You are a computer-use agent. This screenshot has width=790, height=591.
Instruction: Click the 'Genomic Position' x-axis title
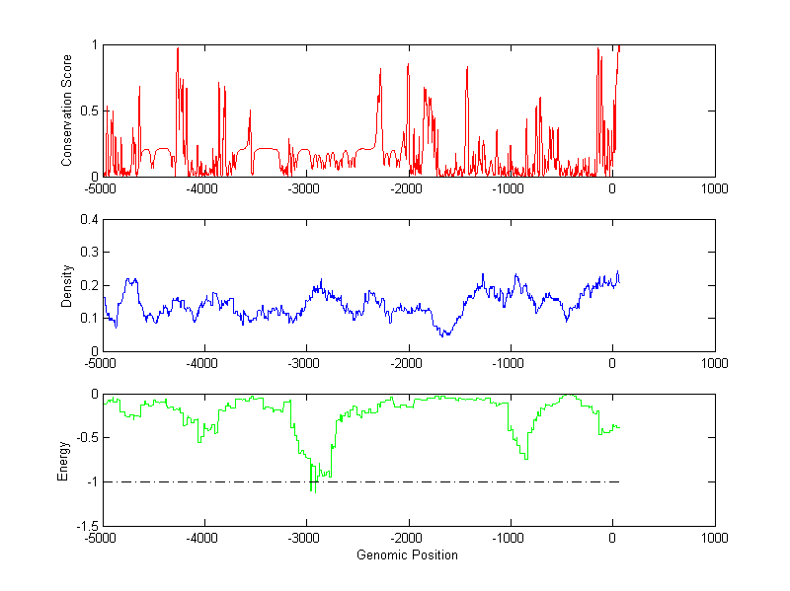407,555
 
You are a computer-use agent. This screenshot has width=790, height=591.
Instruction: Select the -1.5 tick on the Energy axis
87,526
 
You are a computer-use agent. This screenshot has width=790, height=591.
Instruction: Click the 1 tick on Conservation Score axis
94,45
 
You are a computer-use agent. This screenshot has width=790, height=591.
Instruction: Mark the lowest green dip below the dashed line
312,490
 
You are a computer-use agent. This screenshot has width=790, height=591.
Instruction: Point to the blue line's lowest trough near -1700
445,335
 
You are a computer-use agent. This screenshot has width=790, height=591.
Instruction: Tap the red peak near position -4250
178,48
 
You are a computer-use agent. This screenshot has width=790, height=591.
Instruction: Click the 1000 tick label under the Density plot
715,362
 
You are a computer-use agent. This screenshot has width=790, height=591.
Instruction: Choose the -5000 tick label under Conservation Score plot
101,187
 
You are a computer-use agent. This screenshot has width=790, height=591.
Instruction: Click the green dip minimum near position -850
526,458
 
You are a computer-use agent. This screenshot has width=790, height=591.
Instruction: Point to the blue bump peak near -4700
130,279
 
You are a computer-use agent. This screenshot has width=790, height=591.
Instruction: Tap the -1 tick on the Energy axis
91,482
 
